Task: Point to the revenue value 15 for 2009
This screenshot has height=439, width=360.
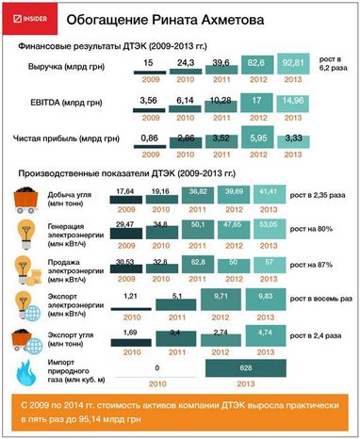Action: coord(149,62)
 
